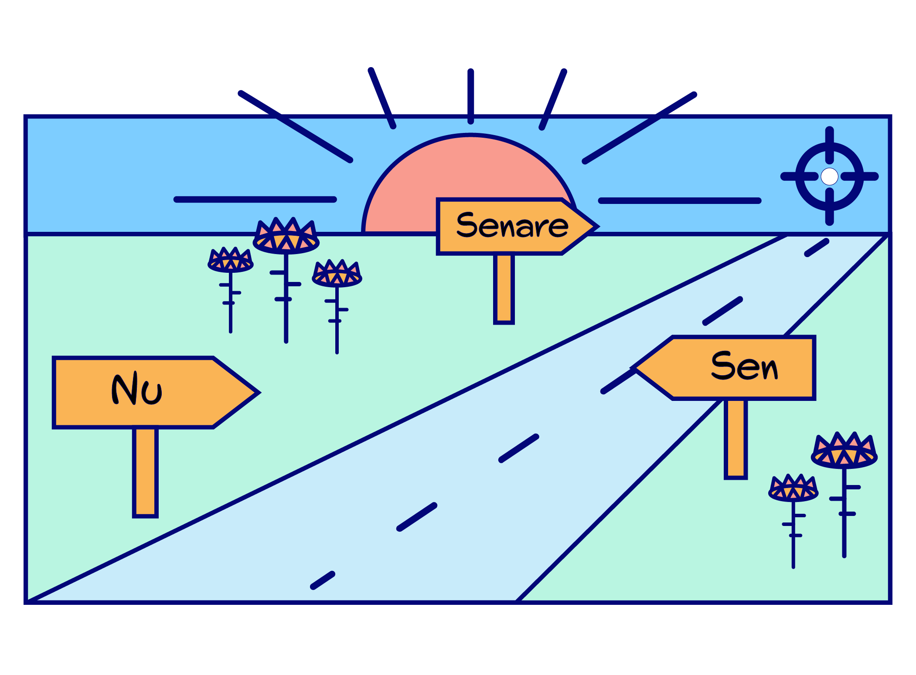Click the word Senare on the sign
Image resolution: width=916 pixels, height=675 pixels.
tap(512, 226)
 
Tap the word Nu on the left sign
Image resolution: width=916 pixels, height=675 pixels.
tap(137, 389)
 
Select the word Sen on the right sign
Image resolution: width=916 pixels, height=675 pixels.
tap(744, 366)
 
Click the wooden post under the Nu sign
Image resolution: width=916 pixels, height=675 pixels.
tap(145, 471)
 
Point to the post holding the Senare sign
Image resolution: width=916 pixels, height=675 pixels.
tap(504, 288)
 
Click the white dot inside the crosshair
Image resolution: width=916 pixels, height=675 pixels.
tap(829, 176)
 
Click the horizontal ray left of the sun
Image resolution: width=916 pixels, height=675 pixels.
tap(255, 200)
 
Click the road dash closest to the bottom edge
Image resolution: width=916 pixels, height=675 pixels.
tap(322, 580)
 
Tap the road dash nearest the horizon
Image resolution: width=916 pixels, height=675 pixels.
tap(816, 248)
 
